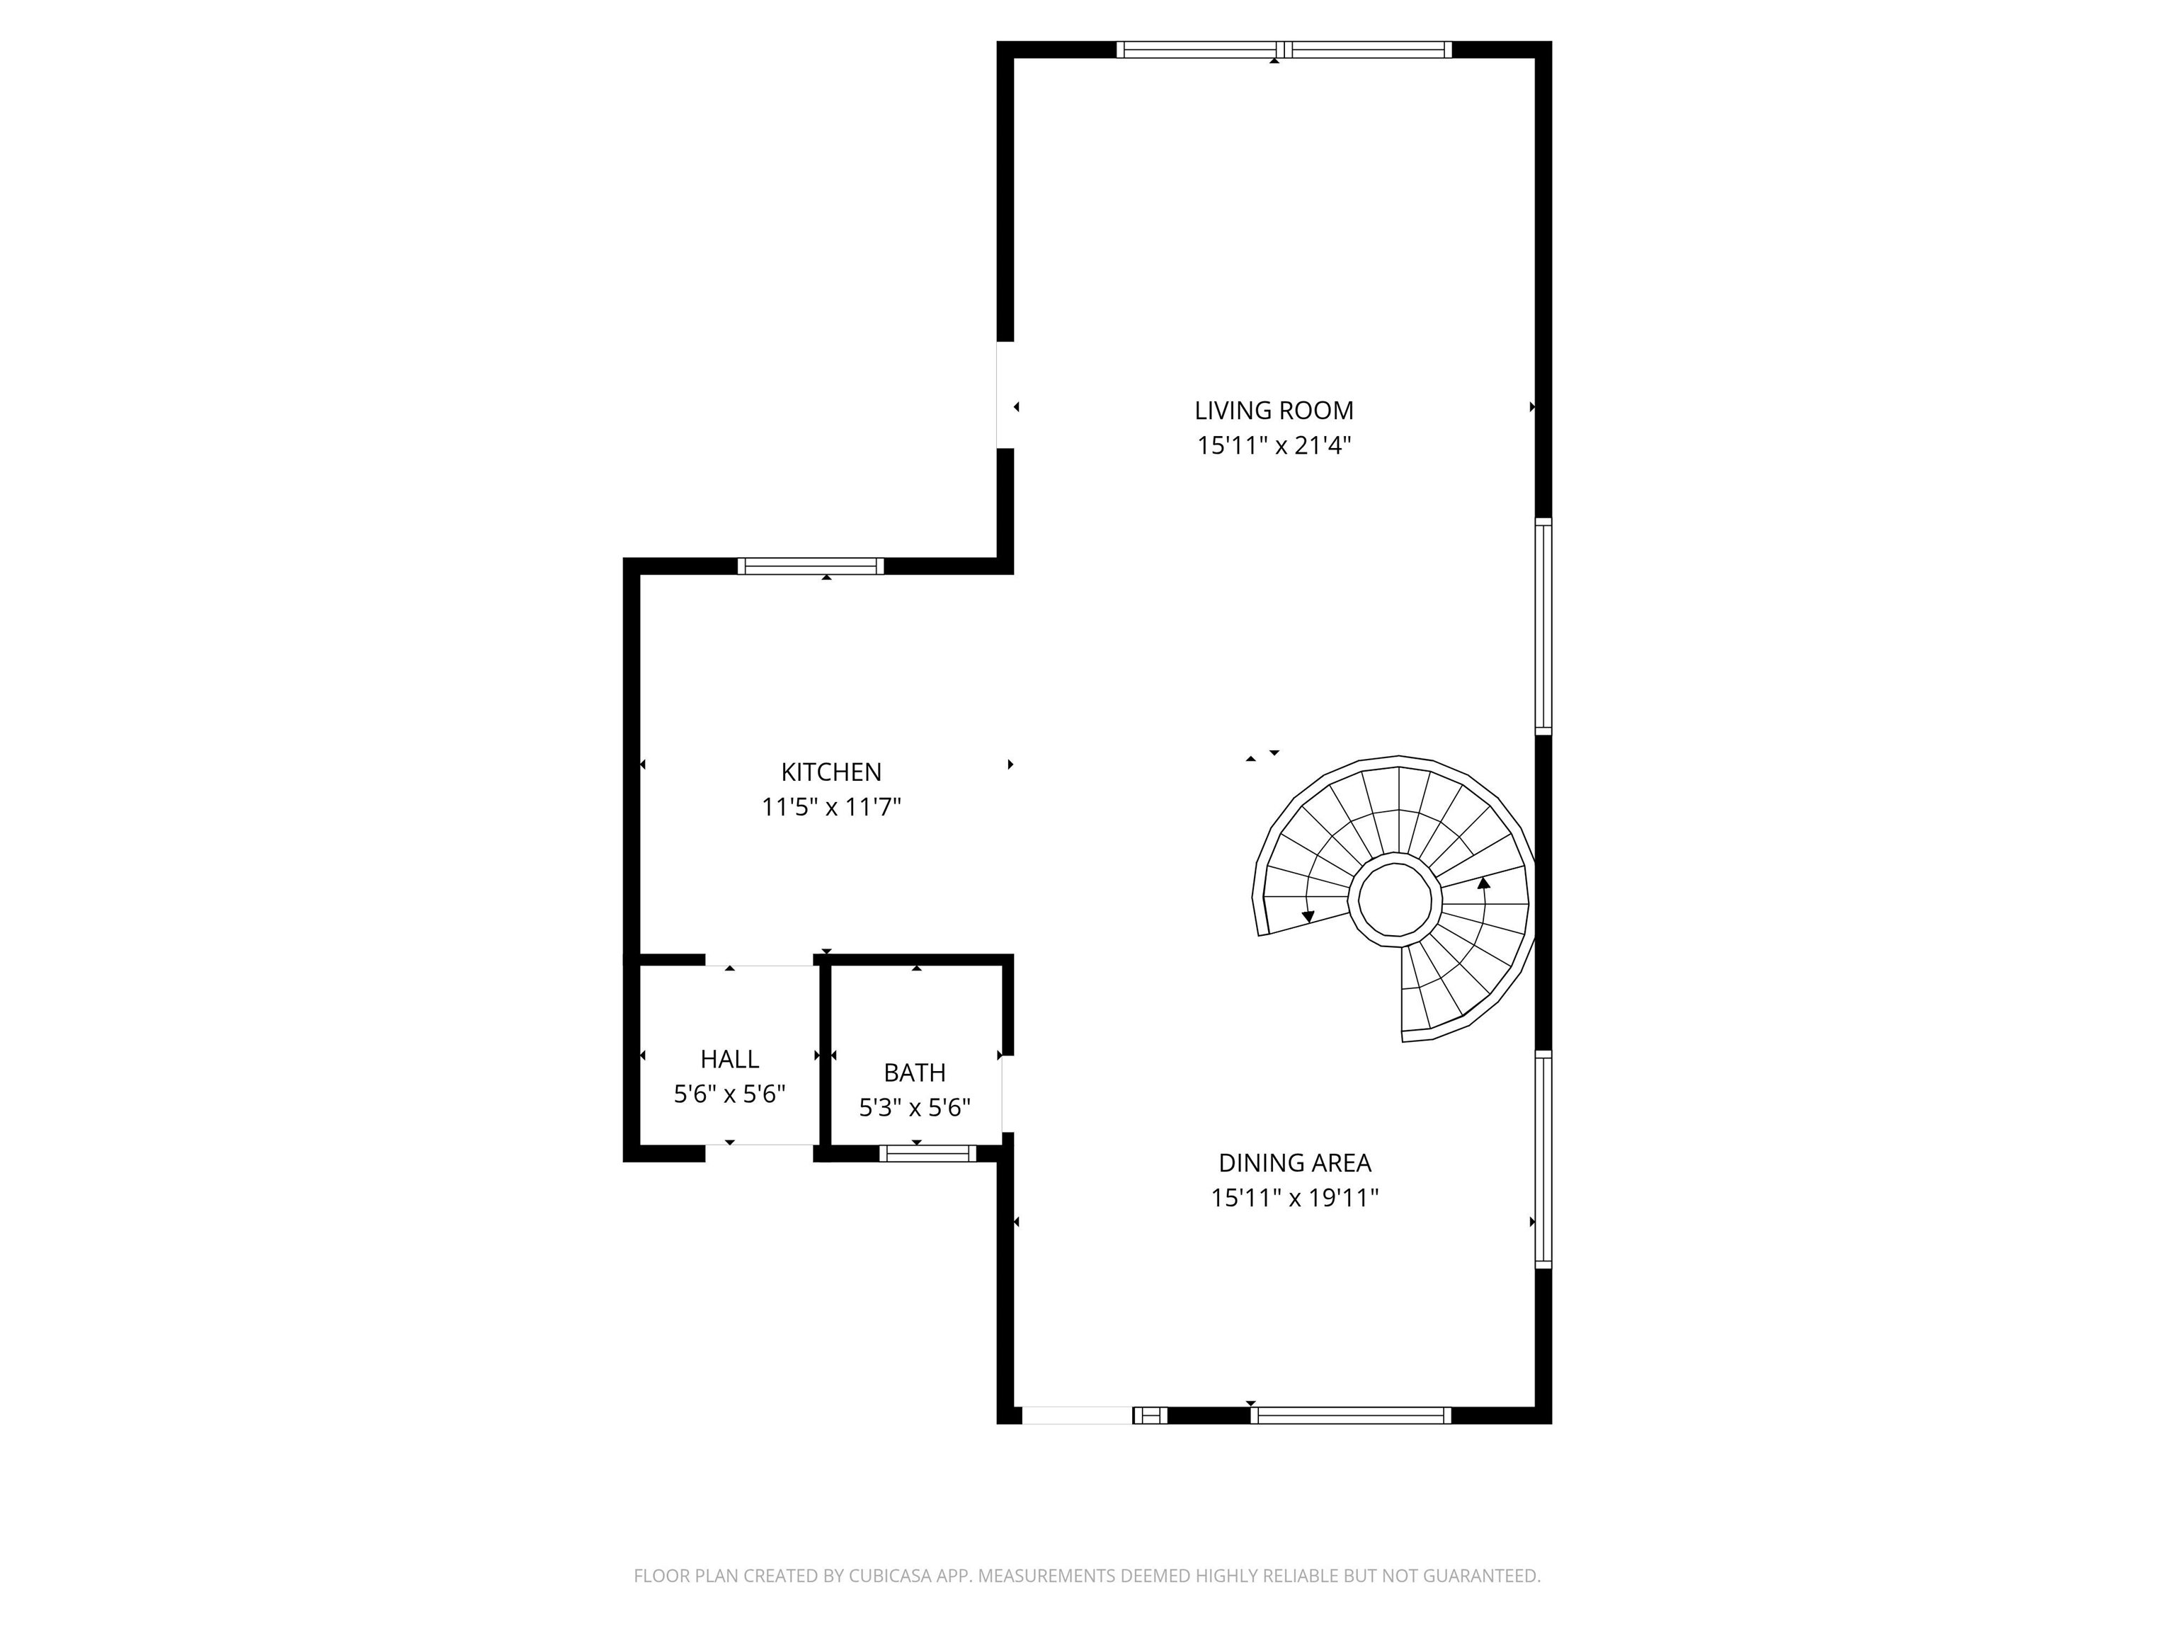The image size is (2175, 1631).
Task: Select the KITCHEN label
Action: pyautogui.click(x=831, y=772)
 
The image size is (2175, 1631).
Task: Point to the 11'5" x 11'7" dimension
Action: pyautogui.click(x=831, y=807)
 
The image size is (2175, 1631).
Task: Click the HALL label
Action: pyautogui.click(x=729, y=1059)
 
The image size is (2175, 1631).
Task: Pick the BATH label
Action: pyautogui.click(x=915, y=1072)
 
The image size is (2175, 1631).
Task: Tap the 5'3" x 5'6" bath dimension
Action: pyautogui.click(x=915, y=1108)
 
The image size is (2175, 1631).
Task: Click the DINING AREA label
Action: pyautogui.click(x=1294, y=1162)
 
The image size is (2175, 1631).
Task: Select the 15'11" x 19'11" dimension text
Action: pyautogui.click(x=1294, y=1198)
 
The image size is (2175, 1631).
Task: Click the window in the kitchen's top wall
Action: pyautogui.click(x=810, y=566)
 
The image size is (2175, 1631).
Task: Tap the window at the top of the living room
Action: pyautogui.click(x=1283, y=49)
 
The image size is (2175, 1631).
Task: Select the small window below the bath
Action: pyautogui.click(x=927, y=1153)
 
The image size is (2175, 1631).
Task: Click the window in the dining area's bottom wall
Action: pyautogui.click(x=1350, y=1416)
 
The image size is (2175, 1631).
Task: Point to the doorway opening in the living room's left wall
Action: pyautogui.click(x=1005, y=395)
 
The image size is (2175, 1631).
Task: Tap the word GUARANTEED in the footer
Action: pyautogui.click(x=1483, y=1576)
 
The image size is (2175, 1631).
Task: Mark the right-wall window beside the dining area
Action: pyautogui.click(x=1543, y=1159)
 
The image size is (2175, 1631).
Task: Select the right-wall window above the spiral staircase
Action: pyautogui.click(x=1543, y=626)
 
